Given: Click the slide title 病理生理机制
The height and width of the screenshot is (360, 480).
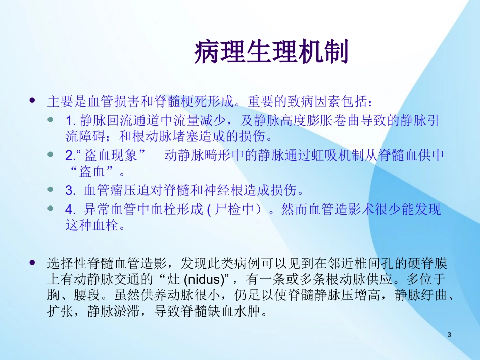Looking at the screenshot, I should (x=271, y=53).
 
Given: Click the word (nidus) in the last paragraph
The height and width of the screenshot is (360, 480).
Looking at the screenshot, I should (x=206, y=279).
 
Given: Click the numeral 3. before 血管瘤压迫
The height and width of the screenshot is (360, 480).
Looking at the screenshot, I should (x=70, y=191).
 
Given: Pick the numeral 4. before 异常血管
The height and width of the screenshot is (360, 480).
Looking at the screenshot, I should (x=70, y=209).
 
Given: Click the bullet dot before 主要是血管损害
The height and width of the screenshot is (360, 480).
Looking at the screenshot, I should (x=33, y=101).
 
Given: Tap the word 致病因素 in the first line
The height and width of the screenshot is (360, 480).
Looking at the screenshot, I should (x=315, y=101).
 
